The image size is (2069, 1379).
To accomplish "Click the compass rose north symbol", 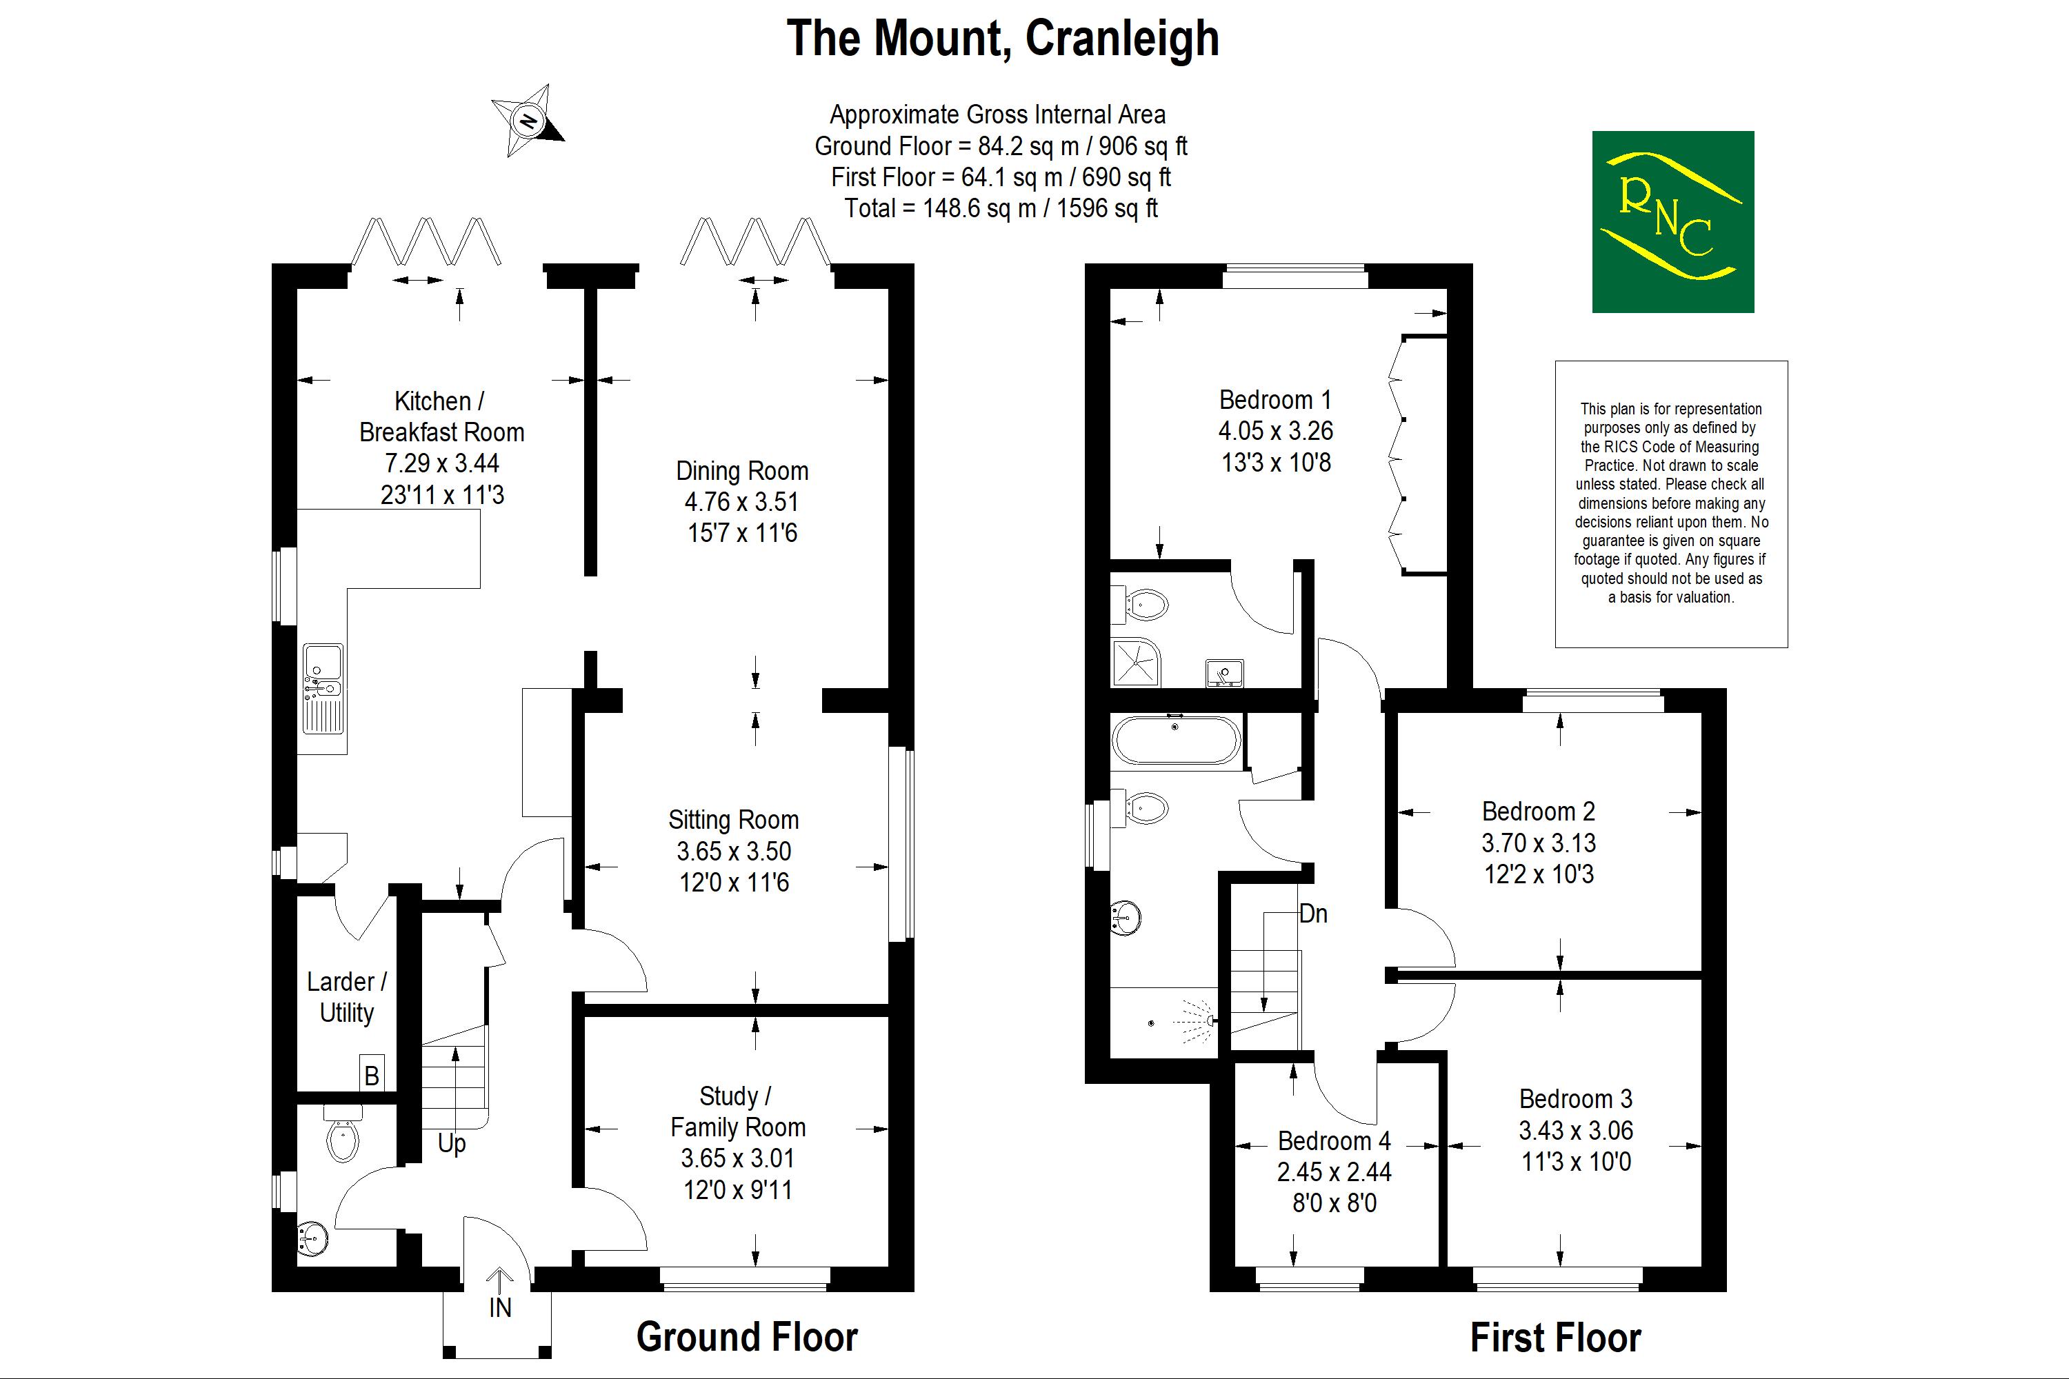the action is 528,121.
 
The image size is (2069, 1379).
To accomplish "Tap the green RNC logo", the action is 1672,221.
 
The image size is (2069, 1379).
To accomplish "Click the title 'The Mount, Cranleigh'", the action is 1003,39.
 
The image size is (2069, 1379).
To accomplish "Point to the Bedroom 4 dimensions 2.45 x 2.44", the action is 1335,1171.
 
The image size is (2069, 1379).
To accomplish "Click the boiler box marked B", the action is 371,1074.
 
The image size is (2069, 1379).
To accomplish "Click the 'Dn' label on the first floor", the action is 1312,914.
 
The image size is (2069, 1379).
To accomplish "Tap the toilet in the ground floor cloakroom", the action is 343,1133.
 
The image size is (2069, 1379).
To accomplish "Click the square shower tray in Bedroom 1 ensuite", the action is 1137,662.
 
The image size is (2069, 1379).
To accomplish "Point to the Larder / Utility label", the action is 347,996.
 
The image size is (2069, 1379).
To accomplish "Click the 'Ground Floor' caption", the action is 747,1337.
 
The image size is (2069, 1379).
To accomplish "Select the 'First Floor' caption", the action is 1555,1338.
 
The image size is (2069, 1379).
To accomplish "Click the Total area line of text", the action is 1001,208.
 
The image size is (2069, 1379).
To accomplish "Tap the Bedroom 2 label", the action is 1539,811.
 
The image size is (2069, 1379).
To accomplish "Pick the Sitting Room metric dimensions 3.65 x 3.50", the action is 734,852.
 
